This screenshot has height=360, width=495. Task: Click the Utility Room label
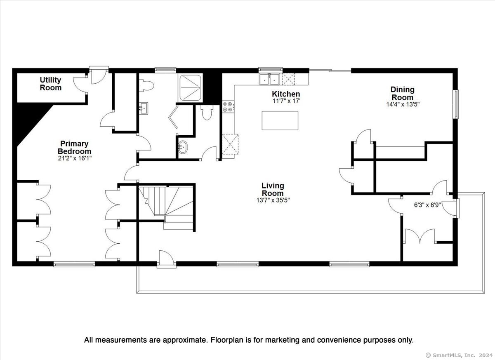[51, 84]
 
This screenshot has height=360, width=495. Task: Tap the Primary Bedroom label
[75, 148]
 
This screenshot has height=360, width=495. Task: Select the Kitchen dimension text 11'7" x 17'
[286, 101]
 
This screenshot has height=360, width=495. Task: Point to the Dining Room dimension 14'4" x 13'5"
[403, 104]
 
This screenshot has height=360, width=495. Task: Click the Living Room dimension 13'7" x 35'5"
[273, 200]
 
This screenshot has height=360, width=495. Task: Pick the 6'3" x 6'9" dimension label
[427, 205]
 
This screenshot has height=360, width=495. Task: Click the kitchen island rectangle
[280, 120]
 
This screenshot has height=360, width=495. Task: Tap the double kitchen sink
[270, 79]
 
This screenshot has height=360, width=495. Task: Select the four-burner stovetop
[228, 107]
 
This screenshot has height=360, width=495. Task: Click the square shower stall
[190, 88]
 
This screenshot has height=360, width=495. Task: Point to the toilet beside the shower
[146, 86]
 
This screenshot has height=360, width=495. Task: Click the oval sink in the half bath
[182, 147]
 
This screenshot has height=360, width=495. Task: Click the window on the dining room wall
[456, 104]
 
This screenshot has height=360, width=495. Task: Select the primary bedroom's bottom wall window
[74, 264]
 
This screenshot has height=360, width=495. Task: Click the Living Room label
[273, 190]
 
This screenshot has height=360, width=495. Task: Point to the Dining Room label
[403, 94]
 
